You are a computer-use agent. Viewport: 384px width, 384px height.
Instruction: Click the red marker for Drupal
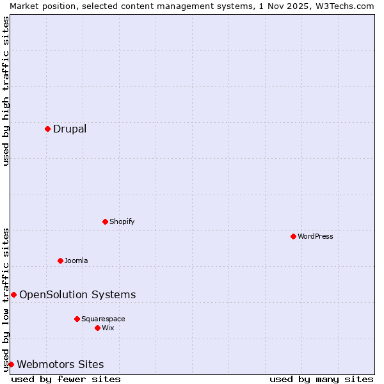pyautogui.click(x=47, y=129)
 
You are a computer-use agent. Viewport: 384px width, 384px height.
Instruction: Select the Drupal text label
pyautogui.click(x=70, y=129)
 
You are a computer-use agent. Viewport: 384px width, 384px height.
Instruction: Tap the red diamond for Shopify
pyautogui.click(x=105, y=221)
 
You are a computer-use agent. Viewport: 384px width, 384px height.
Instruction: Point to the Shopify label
pyautogui.click(x=122, y=221)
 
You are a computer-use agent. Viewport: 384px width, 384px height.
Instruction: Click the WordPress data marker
pyautogui.click(x=293, y=236)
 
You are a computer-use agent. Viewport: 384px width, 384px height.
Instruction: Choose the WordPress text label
pyautogui.click(x=315, y=236)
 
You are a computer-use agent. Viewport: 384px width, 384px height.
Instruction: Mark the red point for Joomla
pyautogui.click(x=60, y=260)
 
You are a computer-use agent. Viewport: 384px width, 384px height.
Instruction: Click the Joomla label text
pyautogui.click(x=76, y=260)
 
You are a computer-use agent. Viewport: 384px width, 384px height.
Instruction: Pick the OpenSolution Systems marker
pyautogui.click(x=13, y=294)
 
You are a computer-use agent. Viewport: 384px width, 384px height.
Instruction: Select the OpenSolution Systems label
pyautogui.click(x=77, y=294)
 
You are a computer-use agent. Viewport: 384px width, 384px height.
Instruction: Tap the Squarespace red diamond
pyautogui.click(x=77, y=319)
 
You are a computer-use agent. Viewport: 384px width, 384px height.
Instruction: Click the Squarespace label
pyautogui.click(x=103, y=319)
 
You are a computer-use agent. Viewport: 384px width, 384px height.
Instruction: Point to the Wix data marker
pyautogui.click(x=97, y=328)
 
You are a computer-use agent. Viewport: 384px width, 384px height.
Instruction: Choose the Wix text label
pyautogui.click(x=108, y=328)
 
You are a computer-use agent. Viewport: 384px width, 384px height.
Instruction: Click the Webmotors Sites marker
pyautogui.click(x=11, y=364)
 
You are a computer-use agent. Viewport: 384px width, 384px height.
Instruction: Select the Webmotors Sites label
pyautogui.click(x=60, y=364)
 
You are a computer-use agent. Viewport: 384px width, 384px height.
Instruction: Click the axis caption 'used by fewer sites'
pyautogui.click(x=66, y=379)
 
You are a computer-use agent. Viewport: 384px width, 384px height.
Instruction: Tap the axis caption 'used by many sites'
pyautogui.click(x=321, y=379)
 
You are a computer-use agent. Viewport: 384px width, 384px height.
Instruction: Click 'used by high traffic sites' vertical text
pyautogui.click(x=6, y=91)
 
